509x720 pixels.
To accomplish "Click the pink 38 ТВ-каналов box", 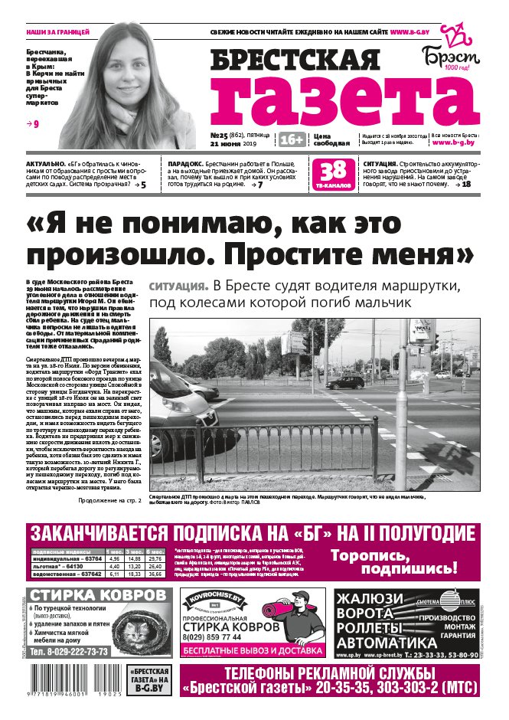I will pyautogui.click(x=333, y=172).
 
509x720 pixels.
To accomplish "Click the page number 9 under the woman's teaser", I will pyautogui.click(x=35, y=123).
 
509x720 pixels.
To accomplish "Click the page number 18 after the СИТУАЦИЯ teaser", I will pyautogui.click(x=466, y=185).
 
